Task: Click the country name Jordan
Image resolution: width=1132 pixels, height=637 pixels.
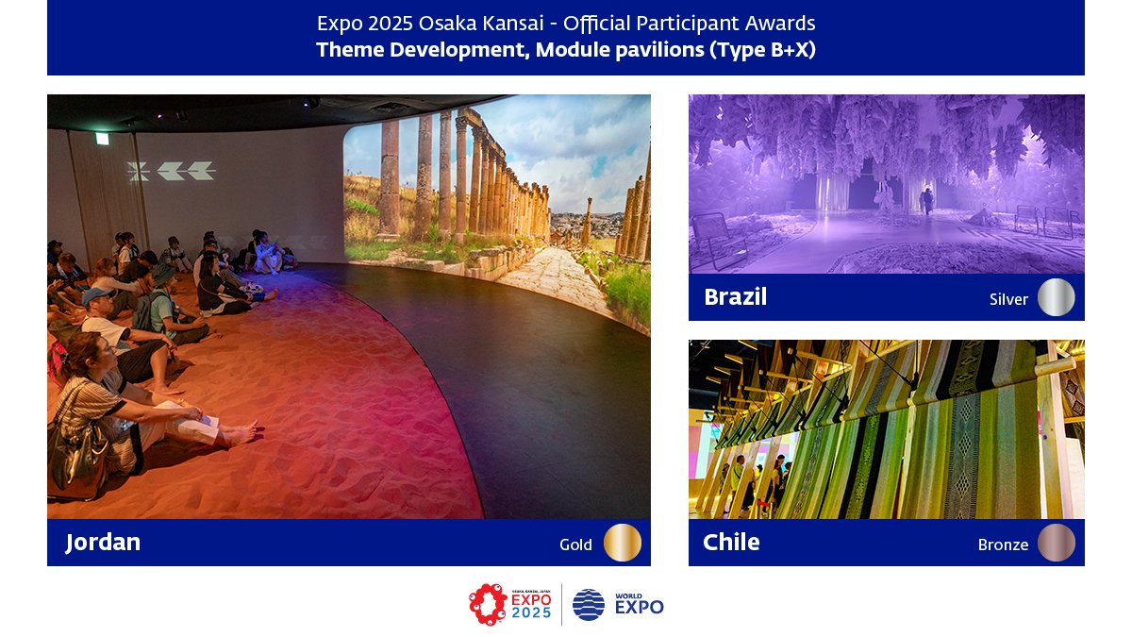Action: (103, 543)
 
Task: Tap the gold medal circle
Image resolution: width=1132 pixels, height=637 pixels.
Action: (623, 543)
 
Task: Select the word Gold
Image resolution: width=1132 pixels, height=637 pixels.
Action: (575, 545)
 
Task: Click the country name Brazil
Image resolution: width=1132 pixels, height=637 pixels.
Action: (735, 297)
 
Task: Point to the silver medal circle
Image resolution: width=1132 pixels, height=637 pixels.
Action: (1057, 297)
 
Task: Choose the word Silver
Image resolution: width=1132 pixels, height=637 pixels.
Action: (1008, 299)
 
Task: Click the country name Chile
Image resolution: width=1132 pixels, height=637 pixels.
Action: (731, 543)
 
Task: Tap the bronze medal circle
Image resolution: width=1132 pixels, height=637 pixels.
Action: (1057, 543)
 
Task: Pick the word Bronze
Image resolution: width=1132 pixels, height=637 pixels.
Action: (1003, 545)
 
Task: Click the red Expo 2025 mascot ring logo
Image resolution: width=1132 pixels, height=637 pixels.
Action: (489, 605)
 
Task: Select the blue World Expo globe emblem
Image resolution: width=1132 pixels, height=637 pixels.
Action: (589, 605)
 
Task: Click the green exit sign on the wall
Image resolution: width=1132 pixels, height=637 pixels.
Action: (102, 139)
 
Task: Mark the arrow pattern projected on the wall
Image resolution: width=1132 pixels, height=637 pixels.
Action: (171, 171)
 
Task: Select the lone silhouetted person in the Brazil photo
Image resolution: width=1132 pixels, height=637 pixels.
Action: (927, 200)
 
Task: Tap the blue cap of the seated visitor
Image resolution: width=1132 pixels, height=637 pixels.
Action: (96, 295)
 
